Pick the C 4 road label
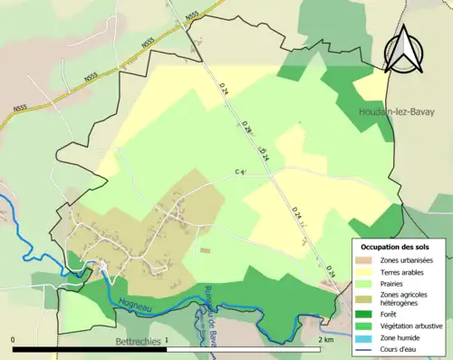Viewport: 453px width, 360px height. point(241,171)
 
